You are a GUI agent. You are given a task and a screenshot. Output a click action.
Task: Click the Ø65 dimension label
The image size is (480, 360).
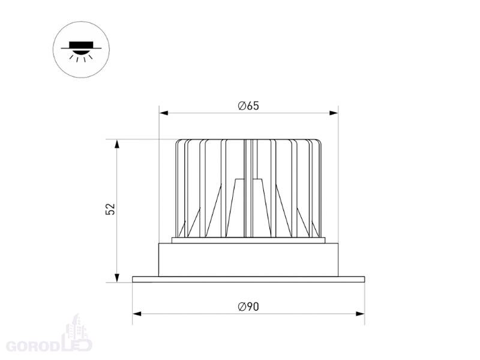coord(248,106)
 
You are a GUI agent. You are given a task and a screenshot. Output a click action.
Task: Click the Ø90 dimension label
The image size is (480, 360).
coord(248,307)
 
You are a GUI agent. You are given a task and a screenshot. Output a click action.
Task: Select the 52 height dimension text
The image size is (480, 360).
coord(110,209)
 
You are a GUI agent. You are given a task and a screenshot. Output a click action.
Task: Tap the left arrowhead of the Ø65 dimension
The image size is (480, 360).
coord(164,113)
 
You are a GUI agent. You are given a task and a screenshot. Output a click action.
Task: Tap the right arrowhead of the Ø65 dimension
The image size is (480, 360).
coord(334,113)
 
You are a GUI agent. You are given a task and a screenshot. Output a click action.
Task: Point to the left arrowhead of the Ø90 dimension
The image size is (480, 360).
coord(137,314)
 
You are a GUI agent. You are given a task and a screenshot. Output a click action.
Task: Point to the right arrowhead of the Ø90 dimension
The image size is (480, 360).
coord(360,314)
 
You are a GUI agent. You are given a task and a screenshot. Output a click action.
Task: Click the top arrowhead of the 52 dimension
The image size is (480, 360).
coord(116,144)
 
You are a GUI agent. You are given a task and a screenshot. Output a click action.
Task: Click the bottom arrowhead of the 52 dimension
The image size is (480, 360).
coord(116,278)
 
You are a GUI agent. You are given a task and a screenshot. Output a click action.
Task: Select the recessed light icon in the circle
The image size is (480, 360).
coord(81,50)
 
